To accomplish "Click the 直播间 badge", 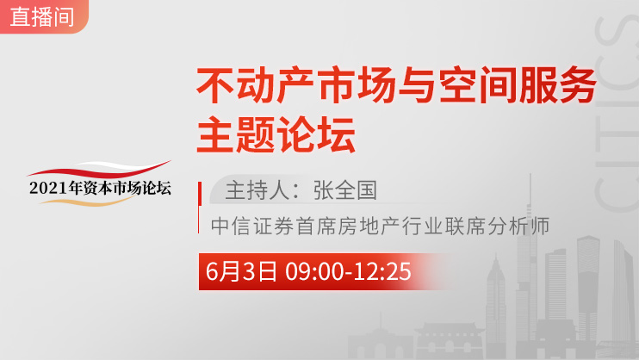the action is point(42,16).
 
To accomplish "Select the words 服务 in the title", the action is point(557,85).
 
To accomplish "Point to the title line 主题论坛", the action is point(276,134).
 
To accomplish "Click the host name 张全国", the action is point(345,190).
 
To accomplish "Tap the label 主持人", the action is point(257,190).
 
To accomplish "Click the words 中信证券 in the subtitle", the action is point(251,226).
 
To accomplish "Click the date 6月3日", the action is point(241,271).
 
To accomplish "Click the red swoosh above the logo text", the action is point(99,170).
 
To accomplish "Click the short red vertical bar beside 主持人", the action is point(200,194).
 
